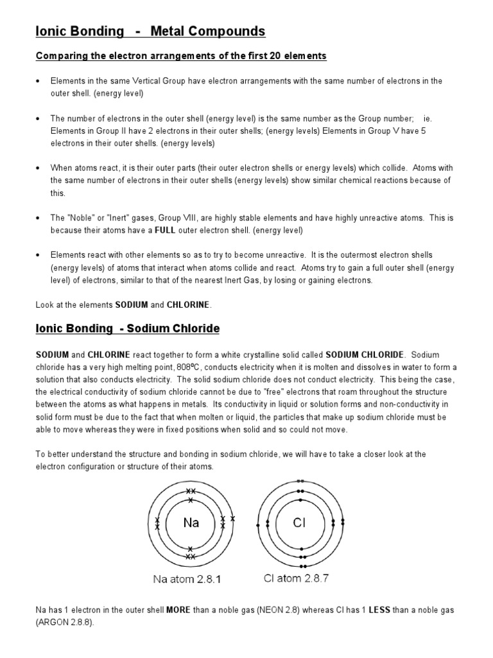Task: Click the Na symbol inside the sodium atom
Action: [191, 522]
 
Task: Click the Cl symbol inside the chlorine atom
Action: [300, 522]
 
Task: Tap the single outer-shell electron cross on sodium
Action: [233, 519]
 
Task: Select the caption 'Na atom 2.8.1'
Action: [187, 579]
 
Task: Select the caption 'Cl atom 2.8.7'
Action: [297, 578]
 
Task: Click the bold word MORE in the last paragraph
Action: [178, 609]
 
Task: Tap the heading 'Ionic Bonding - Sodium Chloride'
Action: [127, 329]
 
